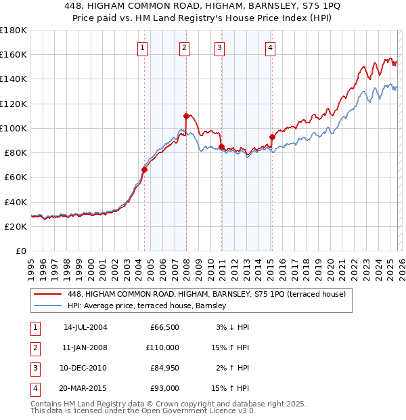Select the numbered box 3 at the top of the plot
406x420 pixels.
click(221, 47)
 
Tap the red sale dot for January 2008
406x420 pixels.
click(186, 116)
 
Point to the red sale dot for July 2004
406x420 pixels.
click(144, 169)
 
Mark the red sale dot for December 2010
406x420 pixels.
click(221, 146)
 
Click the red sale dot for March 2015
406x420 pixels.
click(272, 137)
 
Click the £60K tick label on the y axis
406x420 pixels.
click(14, 177)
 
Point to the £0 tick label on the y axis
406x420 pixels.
click(20, 251)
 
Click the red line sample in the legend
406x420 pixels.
click(48, 294)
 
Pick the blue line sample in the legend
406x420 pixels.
click(48, 306)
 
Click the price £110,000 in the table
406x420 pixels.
click(163, 348)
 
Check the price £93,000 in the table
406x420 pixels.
click(165, 388)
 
